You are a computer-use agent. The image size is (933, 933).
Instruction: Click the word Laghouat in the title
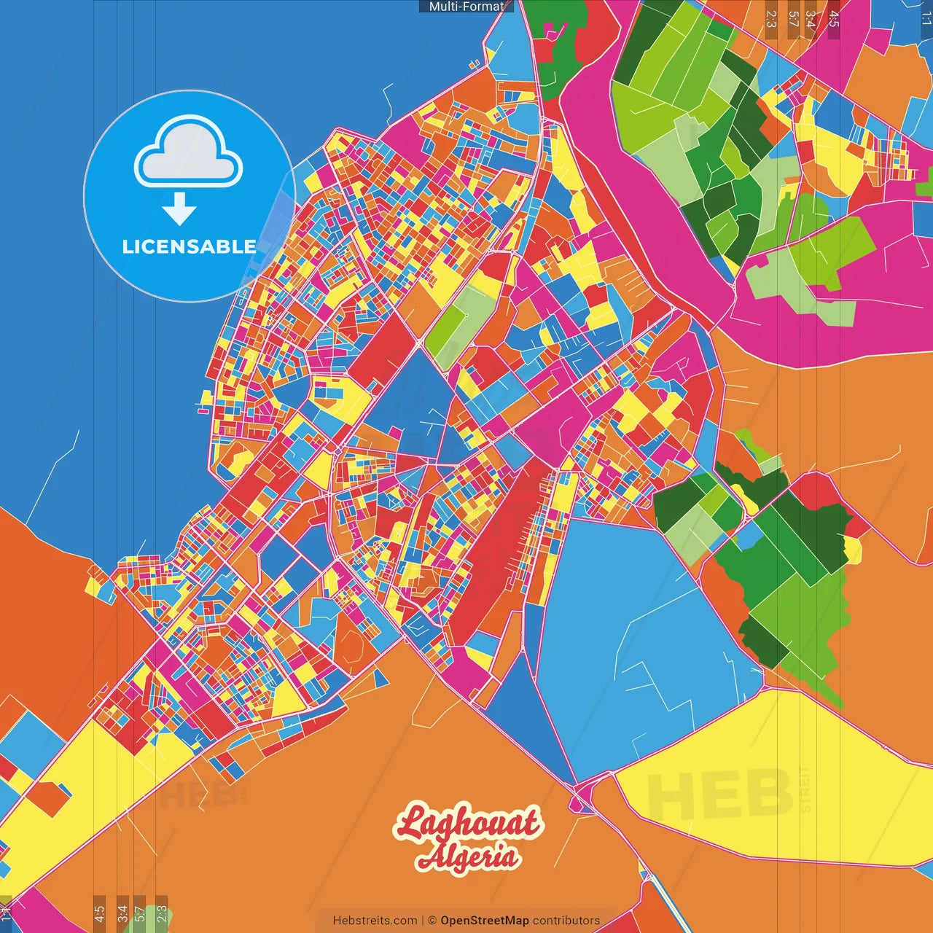coord(468,823)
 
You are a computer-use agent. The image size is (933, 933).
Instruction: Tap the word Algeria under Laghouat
coord(468,856)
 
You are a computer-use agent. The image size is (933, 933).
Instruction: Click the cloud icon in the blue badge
coord(189,154)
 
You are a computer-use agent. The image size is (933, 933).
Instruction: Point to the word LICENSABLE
coord(189,246)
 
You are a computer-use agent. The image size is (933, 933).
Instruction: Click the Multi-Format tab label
coord(466,7)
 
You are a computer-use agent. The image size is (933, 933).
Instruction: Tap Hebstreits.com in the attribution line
coord(375,921)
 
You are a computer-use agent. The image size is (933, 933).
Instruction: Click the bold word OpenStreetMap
coord(485,921)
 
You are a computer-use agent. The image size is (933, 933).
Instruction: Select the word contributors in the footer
coord(566,921)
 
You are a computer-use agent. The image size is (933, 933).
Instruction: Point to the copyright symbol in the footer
coord(432,921)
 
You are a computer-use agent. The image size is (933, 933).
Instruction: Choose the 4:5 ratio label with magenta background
coord(834,19)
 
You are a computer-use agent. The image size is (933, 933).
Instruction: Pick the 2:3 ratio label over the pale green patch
coord(162,913)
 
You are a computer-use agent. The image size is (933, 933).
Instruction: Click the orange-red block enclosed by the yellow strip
coord(50,798)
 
